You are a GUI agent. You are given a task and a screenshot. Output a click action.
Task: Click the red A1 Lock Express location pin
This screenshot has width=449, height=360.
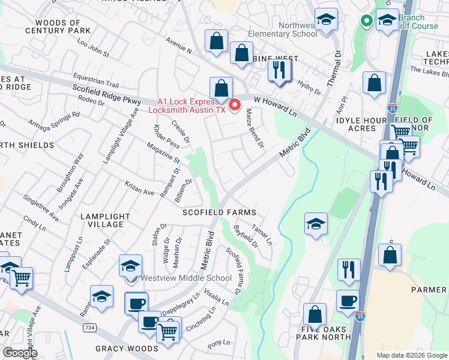pos(235,104)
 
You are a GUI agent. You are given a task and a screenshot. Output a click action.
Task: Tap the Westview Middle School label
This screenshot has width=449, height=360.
pos(185,278)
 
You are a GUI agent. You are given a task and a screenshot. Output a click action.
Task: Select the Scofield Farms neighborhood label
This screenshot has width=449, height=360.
pos(220,212)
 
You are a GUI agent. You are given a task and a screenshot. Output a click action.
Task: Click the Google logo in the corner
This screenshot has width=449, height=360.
pos(20,352)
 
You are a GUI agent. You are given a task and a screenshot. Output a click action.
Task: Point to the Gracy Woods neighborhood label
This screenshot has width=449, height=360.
pos(124,349)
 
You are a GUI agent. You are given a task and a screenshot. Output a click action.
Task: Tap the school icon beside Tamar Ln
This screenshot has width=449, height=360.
pos(316,224)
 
